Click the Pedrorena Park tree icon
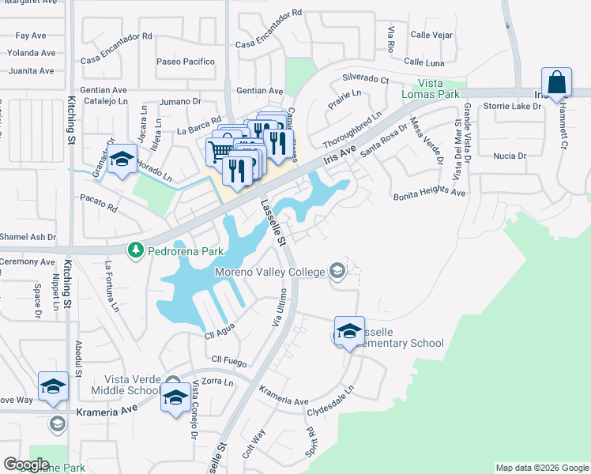tap(136, 250)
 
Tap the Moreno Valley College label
tap(270, 273)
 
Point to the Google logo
tap(26, 464)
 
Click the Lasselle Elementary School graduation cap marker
tap(349, 331)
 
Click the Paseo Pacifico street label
tap(186, 61)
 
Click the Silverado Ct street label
tap(365, 79)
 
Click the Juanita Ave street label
tap(31, 70)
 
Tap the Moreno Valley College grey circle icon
tap(337, 271)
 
